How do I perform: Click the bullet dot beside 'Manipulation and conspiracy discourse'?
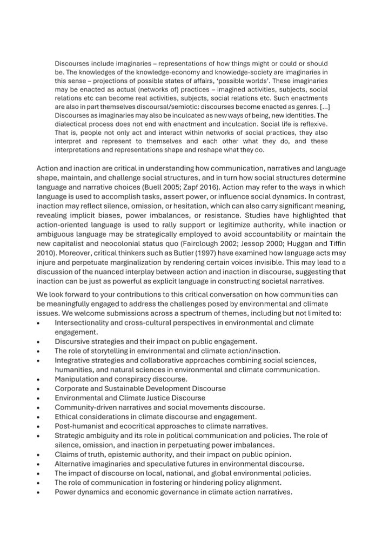tap(38, 379)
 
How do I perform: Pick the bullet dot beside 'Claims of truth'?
tap(38, 454)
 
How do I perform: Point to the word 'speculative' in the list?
tap(176, 464)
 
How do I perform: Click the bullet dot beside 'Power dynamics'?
tap(38, 492)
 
